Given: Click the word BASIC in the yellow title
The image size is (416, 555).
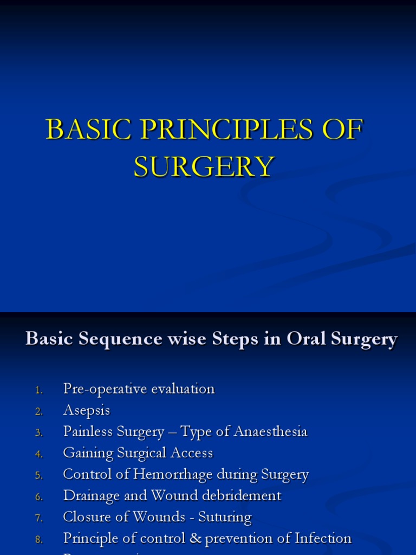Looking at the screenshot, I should (82, 130).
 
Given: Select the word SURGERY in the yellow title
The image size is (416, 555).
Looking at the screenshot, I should (204, 167).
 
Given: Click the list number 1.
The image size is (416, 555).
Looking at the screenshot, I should (38, 390).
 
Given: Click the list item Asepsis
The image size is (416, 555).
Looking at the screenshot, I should (86, 411).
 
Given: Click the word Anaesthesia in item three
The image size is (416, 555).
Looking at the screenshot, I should (270, 431).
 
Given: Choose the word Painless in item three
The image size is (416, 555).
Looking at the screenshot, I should (87, 431).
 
